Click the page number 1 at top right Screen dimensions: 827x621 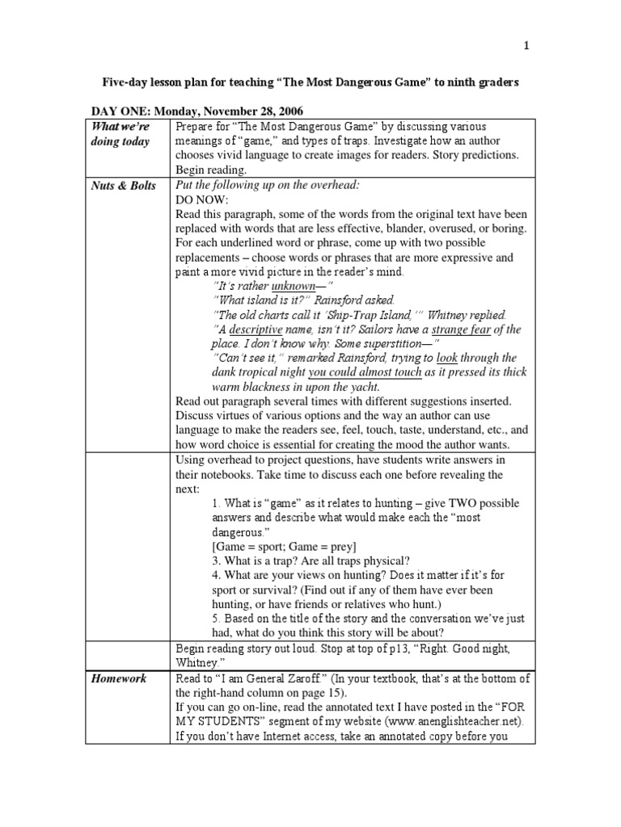click(x=526, y=46)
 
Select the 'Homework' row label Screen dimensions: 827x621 click(x=120, y=678)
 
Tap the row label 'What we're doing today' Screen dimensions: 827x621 click(x=122, y=134)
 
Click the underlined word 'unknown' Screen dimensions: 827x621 click(x=292, y=286)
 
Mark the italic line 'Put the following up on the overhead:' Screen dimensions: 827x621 click(x=267, y=185)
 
